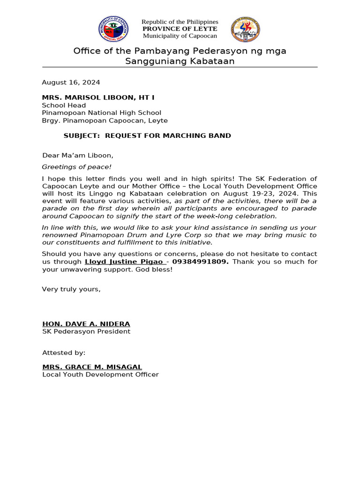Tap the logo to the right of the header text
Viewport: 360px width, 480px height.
coord(245,29)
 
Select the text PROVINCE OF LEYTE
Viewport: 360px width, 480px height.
coord(180,29)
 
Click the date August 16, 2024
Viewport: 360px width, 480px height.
coord(71,82)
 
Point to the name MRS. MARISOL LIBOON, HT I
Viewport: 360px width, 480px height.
coord(98,97)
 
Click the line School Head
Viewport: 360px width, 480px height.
coord(64,105)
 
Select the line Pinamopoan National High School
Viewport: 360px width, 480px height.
coord(101,113)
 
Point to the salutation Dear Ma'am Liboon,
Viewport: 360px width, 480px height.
coord(78,156)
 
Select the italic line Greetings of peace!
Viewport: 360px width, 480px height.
coord(77,167)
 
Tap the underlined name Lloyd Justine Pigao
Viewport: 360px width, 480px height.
coord(124,262)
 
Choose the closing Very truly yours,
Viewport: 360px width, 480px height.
coord(71,289)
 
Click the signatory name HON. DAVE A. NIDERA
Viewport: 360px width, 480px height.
coord(86,324)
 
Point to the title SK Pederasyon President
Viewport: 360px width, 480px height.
coord(86,331)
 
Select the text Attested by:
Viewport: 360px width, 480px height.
coord(64,352)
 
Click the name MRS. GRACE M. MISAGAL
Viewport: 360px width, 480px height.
coord(92,367)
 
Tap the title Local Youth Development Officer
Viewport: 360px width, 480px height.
coord(100,375)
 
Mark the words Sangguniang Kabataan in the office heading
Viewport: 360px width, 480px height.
coord(180,61)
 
